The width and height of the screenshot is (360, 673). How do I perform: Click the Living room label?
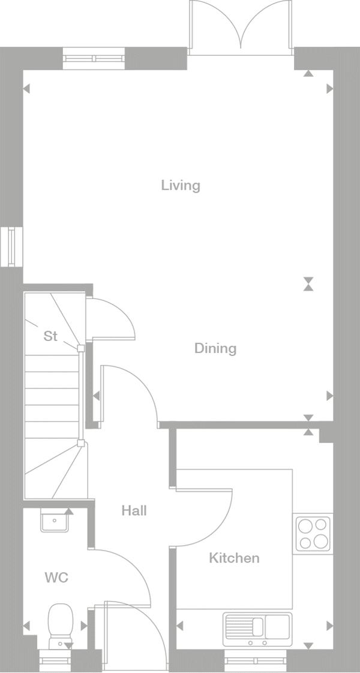[181, 186]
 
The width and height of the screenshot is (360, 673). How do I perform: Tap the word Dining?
[215, 348]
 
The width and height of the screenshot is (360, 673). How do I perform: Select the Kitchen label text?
[234, 558]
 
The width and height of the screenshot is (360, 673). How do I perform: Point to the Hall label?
[134, 510]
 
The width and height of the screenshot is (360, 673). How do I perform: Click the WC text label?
[56, 578]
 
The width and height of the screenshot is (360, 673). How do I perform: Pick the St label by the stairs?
[50, 336]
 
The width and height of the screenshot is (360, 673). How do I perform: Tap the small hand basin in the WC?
[55, 520]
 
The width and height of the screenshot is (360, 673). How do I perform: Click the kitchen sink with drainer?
[257, 629]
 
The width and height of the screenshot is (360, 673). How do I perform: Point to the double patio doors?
[241, 28]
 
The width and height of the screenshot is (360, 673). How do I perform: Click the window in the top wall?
[94, 58]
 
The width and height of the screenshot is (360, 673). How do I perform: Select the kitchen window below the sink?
[257, 660]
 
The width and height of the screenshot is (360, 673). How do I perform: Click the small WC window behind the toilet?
[56, 660]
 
